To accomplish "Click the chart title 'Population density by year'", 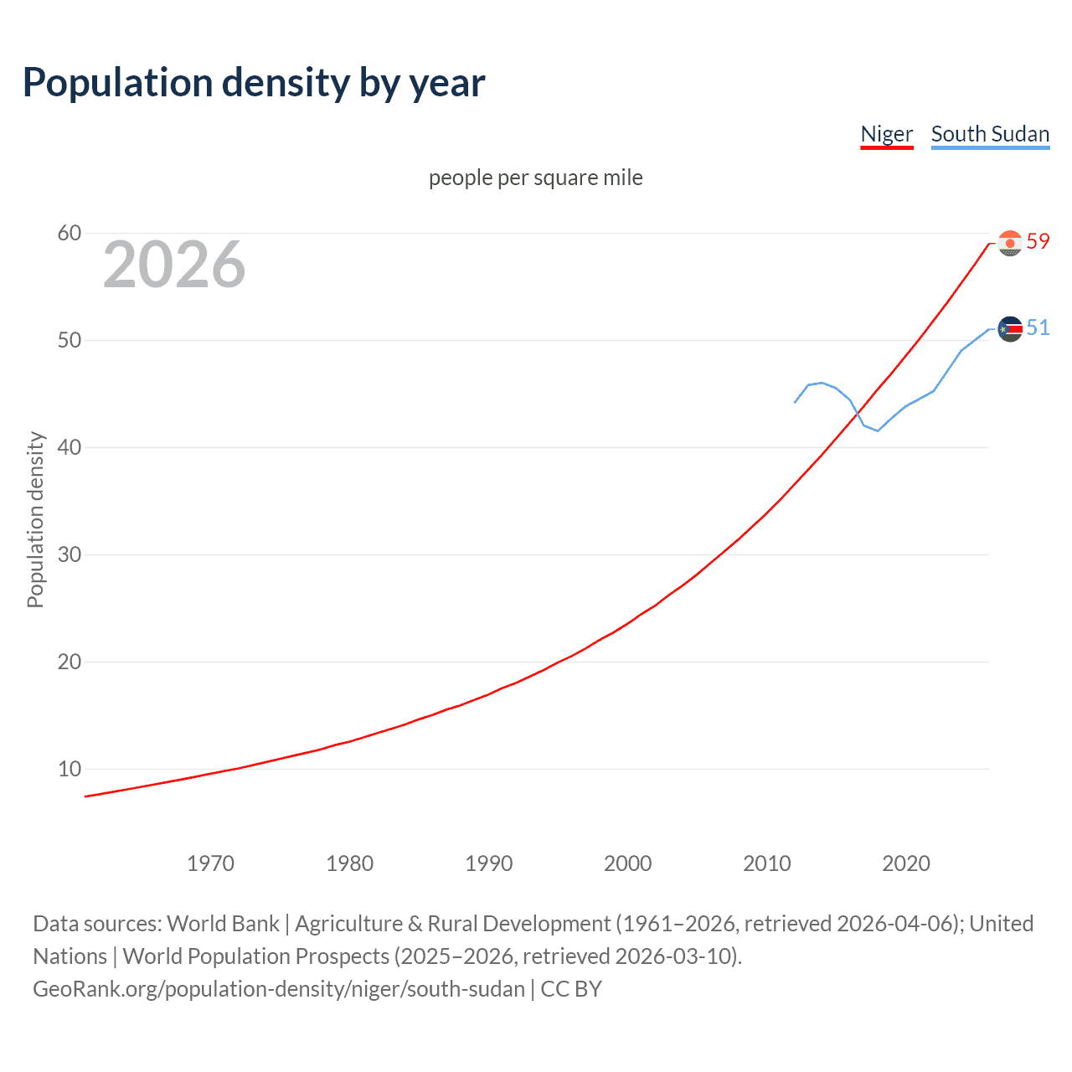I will tap(254, 83).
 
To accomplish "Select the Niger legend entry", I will tap(886, 134).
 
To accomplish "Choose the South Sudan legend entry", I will tap(990, 134).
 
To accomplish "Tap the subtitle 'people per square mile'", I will tap(535, 178).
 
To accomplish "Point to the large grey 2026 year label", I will tap(174, 265).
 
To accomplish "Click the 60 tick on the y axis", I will tap(69, 233).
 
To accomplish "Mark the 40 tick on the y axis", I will tap(69, 447).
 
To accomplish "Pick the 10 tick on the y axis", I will tap(69, 769).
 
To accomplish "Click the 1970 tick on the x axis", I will tap(210, 863).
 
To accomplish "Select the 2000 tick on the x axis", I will tap(627, 863).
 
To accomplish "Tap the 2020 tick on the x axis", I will tap(905, 863).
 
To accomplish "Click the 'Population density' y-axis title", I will tap(35, 519).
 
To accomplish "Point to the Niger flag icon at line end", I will tap(1010, 243).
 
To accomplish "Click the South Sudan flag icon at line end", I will tap(1010, 329).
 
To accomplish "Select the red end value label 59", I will tap(1038, 241).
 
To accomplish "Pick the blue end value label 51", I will tap(1038, 327).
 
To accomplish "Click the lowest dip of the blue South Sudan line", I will tap(877, 430).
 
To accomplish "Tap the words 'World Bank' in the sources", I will tap(223, 924).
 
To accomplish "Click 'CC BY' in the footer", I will tap(571, 989).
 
